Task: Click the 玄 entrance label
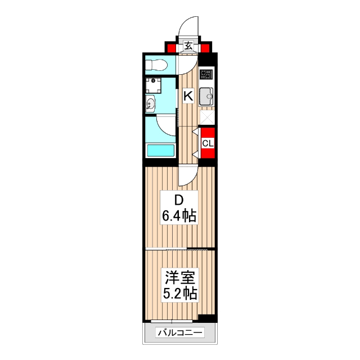pyautogui.click(x=188, y=46)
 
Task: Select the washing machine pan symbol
pyautogui.click(x=152, y=85)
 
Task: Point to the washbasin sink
pyautogui.click(x=151, y=104)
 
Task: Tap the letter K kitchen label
pyautogui.click(x=188, y=96)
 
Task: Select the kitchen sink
pyautogui.click(x=206, y=97)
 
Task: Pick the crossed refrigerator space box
pyautogui.click(x=206, y=116)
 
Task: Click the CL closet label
pyautogui.click(x=208, y=143)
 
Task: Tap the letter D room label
pyautogui.click(x=178, y=200)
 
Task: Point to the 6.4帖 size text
pyautogui.click(x=179, y=215)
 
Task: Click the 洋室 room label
pyautogui.click(x=179, y=277)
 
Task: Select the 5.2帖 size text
pyautogui.click(x=179, y=293)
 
